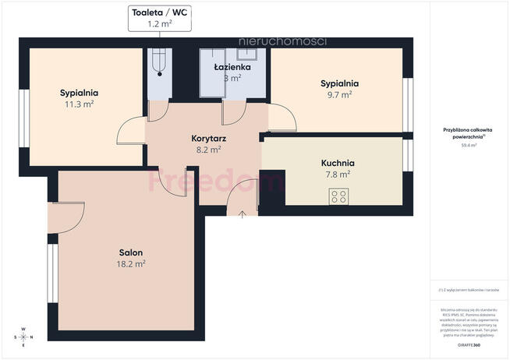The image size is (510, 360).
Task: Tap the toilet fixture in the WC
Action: click(159, 62)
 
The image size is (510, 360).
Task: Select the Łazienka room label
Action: click(232, 67)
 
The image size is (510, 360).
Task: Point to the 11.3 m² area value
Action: click(79, 104)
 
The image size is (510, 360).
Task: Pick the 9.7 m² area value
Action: click(339, 94)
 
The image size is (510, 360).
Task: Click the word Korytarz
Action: click(207, 139)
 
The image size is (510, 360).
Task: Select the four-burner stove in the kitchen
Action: click(338, 198)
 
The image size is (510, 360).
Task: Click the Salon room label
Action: click(130, 252)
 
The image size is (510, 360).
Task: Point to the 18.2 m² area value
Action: click(130, 264)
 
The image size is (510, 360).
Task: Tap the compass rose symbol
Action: click(23, 337)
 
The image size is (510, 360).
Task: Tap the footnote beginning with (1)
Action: click(468, 290)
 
